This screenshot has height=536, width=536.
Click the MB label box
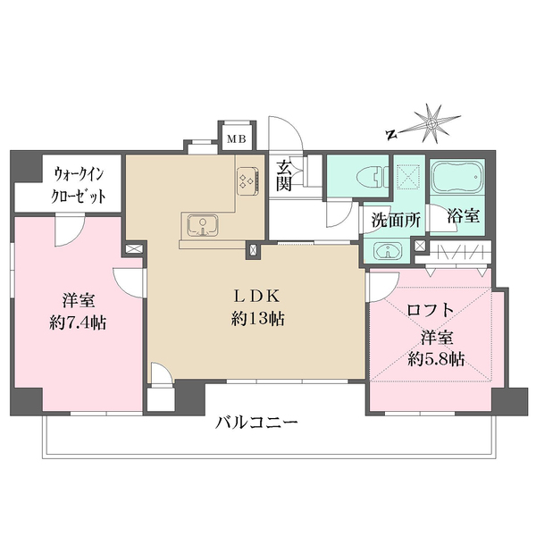236,138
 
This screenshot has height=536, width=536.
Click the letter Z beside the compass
390,135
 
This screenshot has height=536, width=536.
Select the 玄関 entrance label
284,175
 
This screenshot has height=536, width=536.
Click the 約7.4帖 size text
78,323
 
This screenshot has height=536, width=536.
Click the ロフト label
430,310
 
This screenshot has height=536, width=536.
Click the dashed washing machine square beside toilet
408,176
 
